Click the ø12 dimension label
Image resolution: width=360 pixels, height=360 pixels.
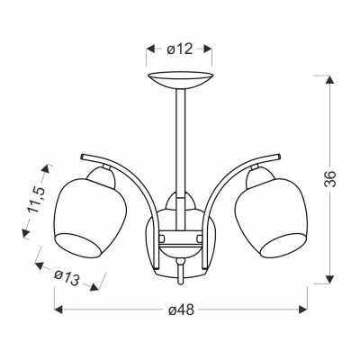[180, 49]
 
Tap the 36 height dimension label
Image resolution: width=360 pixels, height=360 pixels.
[330, 179]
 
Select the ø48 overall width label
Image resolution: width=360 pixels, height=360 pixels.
[181, 310]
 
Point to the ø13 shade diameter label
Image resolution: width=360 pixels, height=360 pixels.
[67, 278]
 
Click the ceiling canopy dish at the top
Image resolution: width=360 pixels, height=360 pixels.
[181, 80]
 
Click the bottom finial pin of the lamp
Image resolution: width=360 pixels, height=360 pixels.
[180, 272]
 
